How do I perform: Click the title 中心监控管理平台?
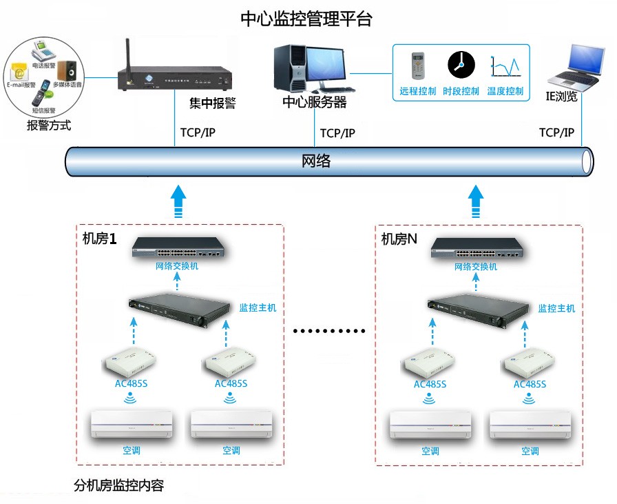click(306, 19)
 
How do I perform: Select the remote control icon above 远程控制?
click(418, 65)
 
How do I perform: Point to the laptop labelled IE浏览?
click(574, 66)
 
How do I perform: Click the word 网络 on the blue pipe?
click(317, 161)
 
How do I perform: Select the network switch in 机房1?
click(178, 248)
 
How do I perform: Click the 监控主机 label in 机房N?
click(556, 308)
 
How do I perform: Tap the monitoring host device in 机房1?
click(179, 310)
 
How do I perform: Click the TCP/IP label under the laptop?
click(556, 133)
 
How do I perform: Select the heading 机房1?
click(96, 239)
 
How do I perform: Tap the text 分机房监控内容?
click(118, 485)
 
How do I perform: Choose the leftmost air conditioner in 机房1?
click(132, 424)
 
